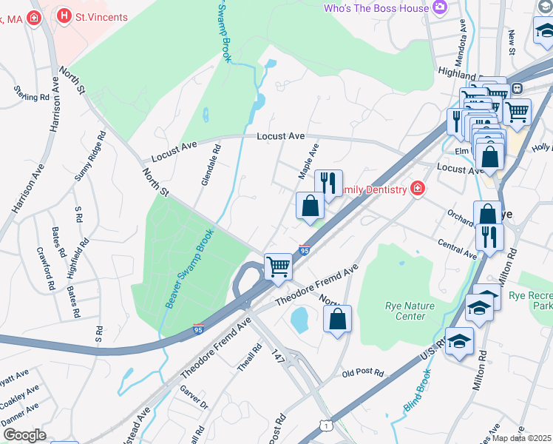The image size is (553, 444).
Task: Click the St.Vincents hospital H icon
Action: pos(64,16)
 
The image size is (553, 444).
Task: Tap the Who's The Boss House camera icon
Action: pos(441,8)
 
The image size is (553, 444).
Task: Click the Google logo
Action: pos(24,435)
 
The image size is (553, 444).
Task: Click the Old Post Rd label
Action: pos(363,373)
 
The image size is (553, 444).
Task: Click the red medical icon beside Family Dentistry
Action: pos(418,189)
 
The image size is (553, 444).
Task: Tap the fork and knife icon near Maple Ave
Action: pos(328,182)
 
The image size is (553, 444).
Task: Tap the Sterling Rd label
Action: pos(31,93)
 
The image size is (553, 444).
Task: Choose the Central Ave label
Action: pos(457,249)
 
